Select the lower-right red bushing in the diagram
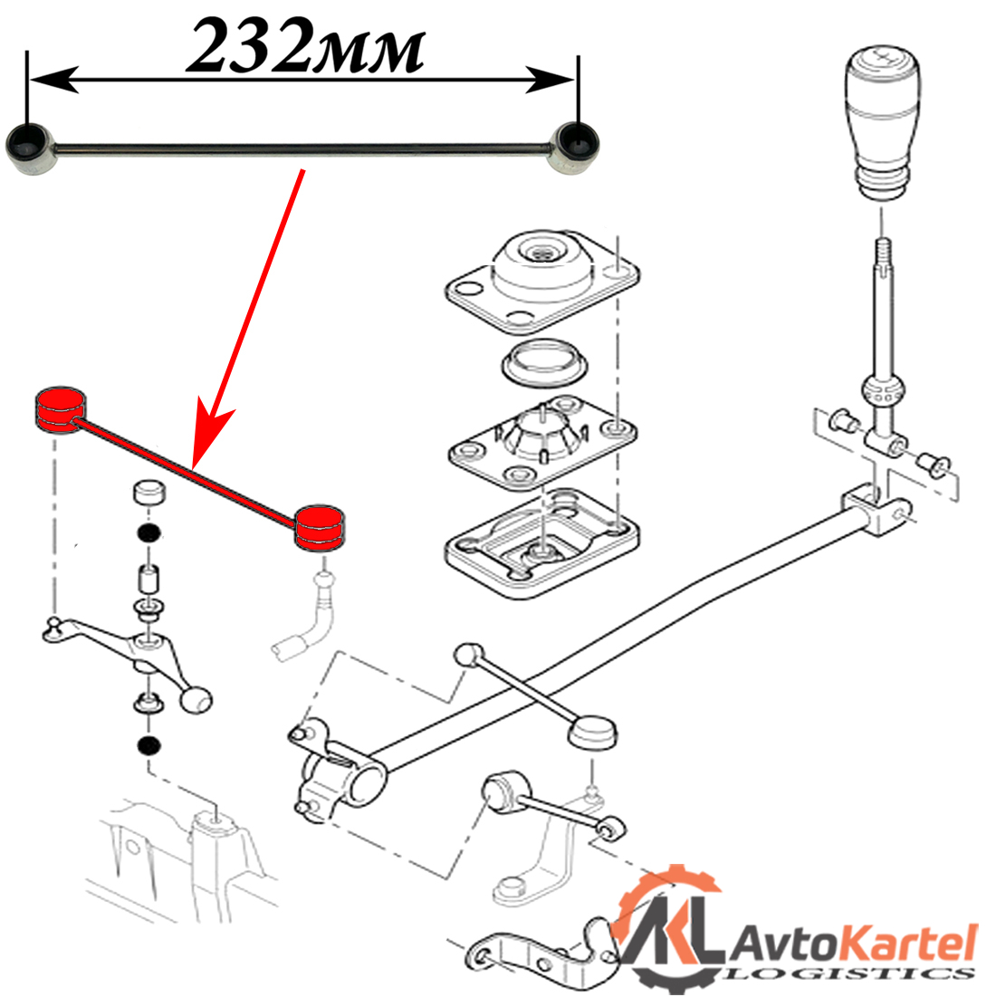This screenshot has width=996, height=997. pos(323,527)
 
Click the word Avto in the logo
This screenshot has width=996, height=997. pos(780,944)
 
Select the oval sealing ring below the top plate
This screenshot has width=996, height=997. pos(545,363)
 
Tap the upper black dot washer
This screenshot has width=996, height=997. pos(148,531)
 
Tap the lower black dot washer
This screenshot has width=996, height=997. pos(148,746)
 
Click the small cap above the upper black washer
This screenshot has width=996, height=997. pos(148,494)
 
